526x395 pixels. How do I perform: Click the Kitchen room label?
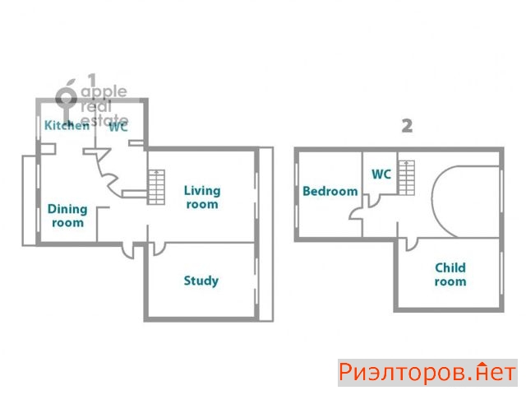(67, 125)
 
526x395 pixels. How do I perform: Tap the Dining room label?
(67, 216)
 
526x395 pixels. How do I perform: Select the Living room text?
(202, 197)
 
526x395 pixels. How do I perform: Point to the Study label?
(201, 281)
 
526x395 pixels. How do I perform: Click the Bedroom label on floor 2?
(330, 192)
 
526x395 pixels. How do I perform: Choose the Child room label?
(450, 274)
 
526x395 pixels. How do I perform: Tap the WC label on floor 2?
(381, 174)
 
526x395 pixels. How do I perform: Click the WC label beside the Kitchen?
(118, 127)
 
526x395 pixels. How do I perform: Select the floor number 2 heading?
(407, 126)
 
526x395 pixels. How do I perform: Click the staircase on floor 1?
(156, 187)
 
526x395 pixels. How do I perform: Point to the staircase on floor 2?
(406, 178)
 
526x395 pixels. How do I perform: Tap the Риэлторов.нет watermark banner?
(427, 373)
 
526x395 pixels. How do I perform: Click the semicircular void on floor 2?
(432, 202)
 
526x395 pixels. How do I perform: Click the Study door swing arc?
(162, 252)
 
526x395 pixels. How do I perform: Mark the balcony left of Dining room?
(30, 201)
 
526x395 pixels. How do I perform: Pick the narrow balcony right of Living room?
(266, 234)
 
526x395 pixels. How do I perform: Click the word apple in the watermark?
(104, 92)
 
